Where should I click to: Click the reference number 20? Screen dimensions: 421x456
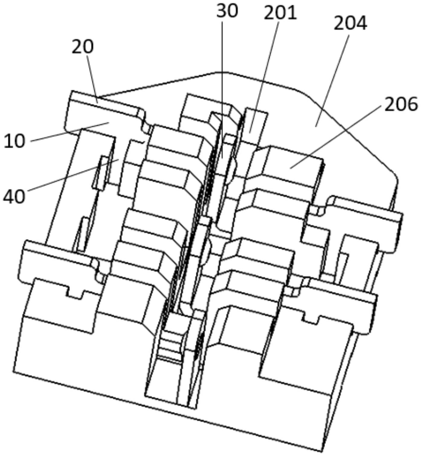click(x=83, y=47)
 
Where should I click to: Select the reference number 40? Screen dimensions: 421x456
click(x=14, y=196)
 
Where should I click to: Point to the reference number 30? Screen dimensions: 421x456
click(x=227, y=11)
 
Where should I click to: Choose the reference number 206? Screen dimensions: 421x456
click(x=401, y=104)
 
